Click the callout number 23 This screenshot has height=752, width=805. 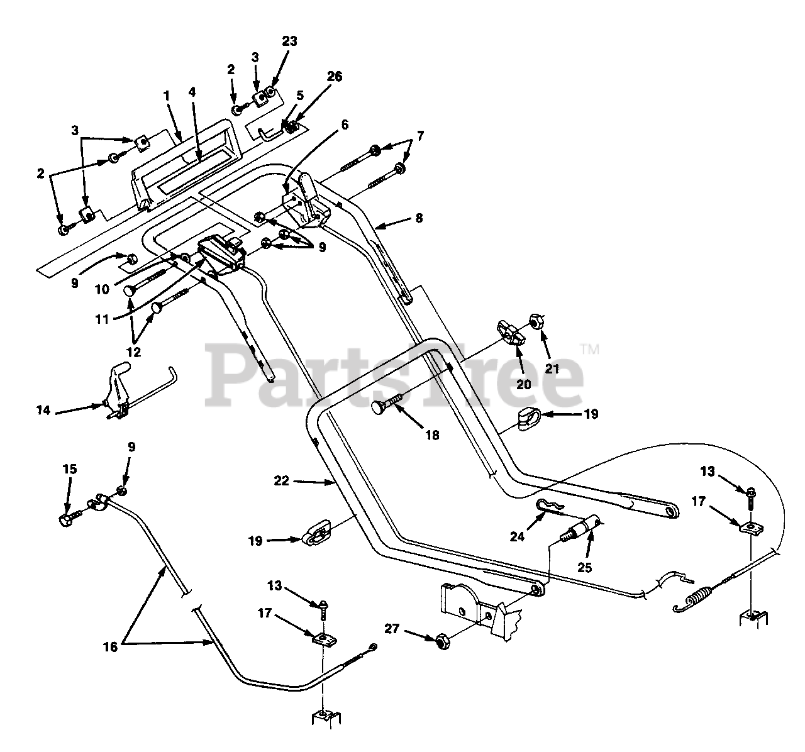click(289, 41)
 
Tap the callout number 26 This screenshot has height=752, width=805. click(335, 76)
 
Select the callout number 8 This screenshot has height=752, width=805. click(419, 218)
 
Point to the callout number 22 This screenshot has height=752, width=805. click(281, 481)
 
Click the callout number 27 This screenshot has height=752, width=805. click(392, 629)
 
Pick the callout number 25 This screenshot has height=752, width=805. click(584, 568)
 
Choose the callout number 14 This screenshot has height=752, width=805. click(43, 410)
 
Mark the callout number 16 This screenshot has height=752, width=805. click(110, 647)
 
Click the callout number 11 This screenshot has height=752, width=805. click(102, 320)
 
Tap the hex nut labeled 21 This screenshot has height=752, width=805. click(537, 321)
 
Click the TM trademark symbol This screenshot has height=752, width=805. click(590, 350)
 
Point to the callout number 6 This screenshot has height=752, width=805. click(345, 124)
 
